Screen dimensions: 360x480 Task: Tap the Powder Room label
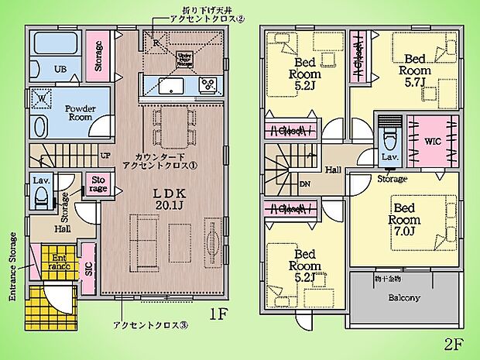80,114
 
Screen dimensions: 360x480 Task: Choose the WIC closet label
430,142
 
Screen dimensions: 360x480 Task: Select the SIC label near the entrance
88,269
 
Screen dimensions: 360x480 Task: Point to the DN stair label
306,183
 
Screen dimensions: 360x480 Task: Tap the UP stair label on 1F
105,155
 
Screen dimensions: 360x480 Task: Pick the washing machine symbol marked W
40,99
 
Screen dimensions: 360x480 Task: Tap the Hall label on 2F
334,170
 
